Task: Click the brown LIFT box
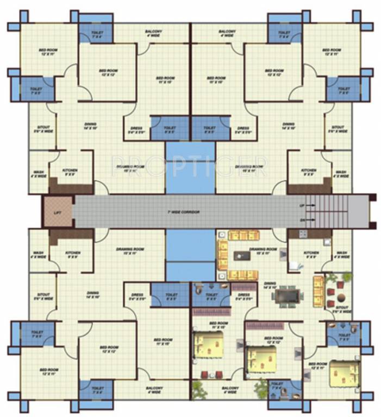click(58, 212)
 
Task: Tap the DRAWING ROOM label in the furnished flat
click(263, 249)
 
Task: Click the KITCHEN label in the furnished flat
click(311, 253)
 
